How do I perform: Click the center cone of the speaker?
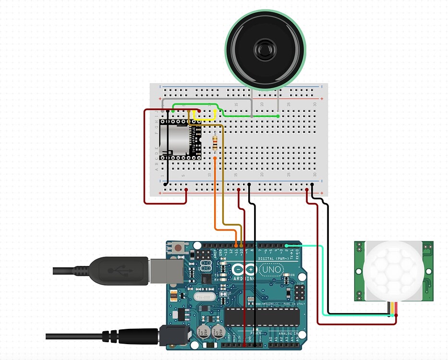[266, 49]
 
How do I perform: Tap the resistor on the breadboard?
[215, 142]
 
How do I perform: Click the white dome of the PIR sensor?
[390, 270]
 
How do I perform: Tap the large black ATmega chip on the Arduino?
[262, 316]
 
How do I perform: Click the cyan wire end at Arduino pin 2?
[287, 246]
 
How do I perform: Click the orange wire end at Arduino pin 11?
[236, 246]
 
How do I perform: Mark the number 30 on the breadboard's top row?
[315, 104]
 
